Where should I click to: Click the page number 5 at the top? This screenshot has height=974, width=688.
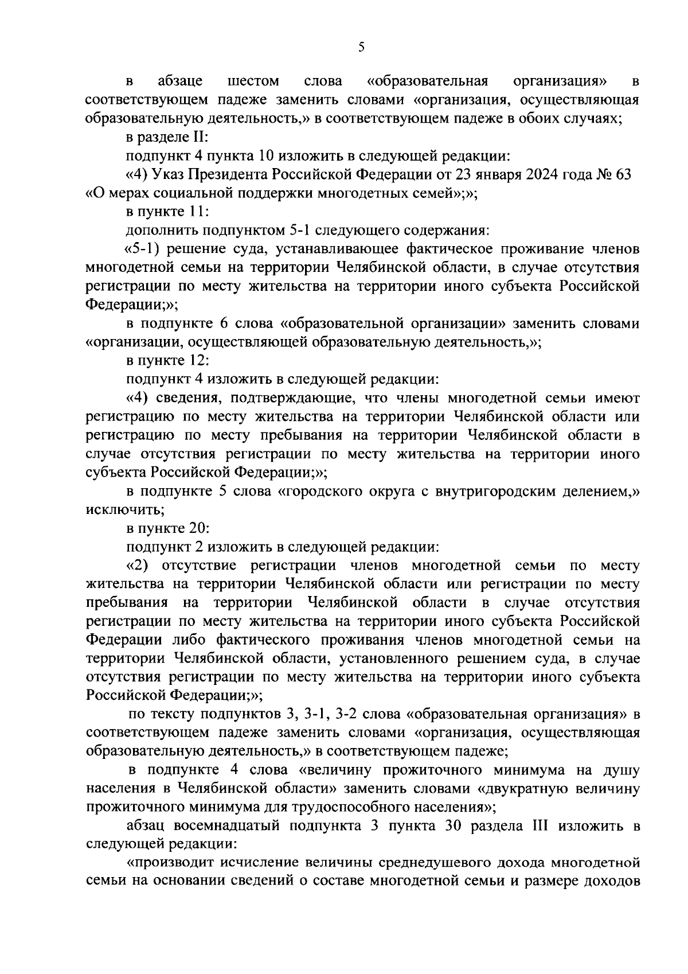pos(361,48)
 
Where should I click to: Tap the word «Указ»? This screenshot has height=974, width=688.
pos(171,174)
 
